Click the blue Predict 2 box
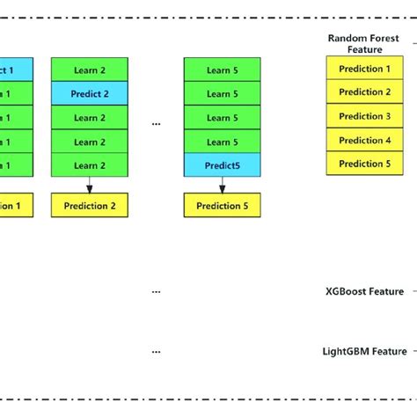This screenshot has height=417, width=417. [89, 92]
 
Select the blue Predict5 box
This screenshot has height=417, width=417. [222, 164]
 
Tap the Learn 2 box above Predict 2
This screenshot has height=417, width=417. [89, 69]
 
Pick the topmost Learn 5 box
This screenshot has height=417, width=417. [222, 69]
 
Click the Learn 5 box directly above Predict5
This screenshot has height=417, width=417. [222, 141]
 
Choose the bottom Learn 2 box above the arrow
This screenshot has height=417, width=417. [89, 164]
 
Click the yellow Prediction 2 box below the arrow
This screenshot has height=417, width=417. [89, 206]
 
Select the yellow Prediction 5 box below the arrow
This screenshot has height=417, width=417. [222, 206]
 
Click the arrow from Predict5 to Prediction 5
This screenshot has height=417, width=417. [222, 184]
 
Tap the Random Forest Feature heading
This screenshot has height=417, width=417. [363, 44]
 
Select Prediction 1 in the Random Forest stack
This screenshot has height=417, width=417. [364, 69]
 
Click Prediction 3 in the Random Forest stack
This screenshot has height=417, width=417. [364, 116]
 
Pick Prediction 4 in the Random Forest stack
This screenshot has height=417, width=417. [364, 140]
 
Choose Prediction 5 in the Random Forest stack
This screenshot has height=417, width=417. [364, 164]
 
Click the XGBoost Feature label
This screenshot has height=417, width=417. [363, 291]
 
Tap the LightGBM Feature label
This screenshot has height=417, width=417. [363, 351]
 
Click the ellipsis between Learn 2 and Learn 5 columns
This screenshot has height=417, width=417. [156, 125]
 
